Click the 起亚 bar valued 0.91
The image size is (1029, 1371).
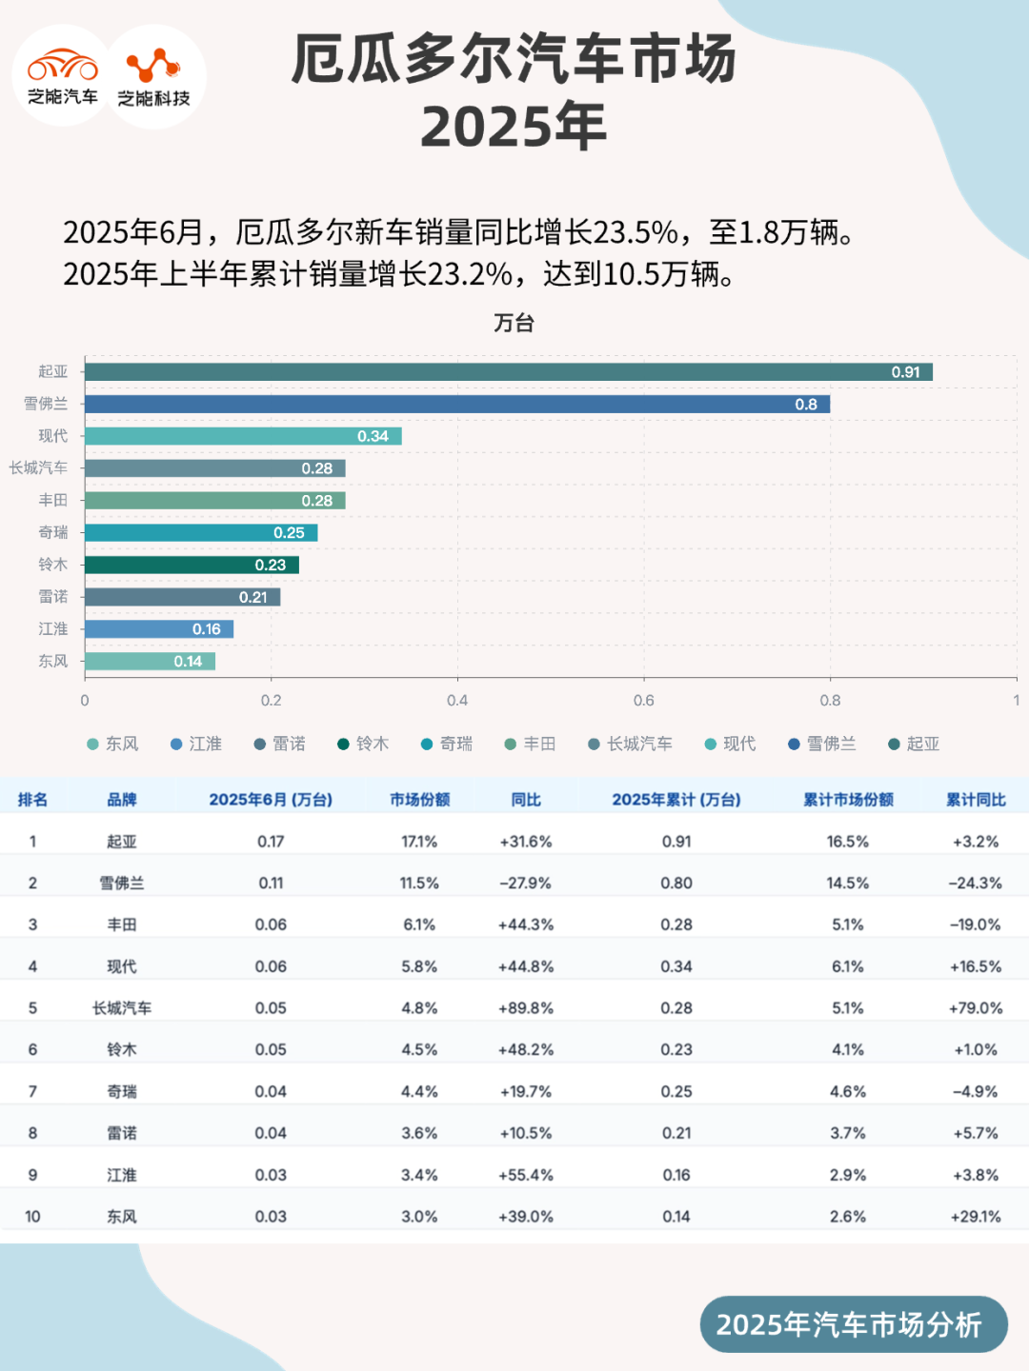click(508, 372)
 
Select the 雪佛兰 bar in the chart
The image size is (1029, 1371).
click(457, 405)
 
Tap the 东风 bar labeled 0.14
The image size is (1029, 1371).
click(150, 662)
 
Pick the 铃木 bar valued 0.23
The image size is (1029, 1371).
click(192, 566)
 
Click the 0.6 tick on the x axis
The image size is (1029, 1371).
click(644, 701)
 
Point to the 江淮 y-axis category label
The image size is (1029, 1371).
click(53, 629)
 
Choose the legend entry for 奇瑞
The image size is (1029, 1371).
click(447, 744)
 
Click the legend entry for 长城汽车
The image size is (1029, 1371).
click(631, 744)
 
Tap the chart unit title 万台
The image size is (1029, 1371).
click(514, 323)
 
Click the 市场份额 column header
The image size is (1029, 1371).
click(419, 800)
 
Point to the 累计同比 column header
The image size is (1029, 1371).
click(976, 800)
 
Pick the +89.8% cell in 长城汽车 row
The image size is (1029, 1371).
click(526, 1008)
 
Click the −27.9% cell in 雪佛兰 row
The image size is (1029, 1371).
click(526, 884)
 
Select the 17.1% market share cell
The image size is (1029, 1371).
click(419, 842)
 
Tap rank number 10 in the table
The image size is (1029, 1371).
click(32, 1217)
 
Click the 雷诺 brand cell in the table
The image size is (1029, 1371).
click(122, 1133)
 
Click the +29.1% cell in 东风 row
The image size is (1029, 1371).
click(976, 1217)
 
